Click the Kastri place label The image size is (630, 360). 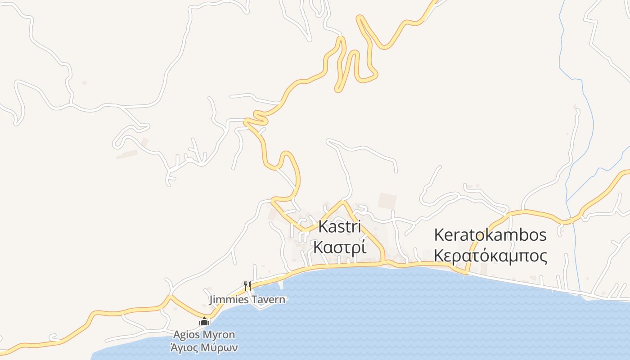[x=340, y=226]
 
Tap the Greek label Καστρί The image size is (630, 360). [x=340, y=247]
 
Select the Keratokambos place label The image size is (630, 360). [x=490, y=235]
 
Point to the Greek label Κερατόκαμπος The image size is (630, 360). [x=490, y=256]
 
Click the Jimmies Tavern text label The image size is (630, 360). [x=247, y=299]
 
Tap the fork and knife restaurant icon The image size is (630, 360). [x=247, y=285]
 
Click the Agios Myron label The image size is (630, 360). [x=204, y=335]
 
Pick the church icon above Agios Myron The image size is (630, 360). [x=204, y=321]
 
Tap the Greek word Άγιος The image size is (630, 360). [x=186, y=347]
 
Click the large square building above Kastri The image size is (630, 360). [x=387, y=201]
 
